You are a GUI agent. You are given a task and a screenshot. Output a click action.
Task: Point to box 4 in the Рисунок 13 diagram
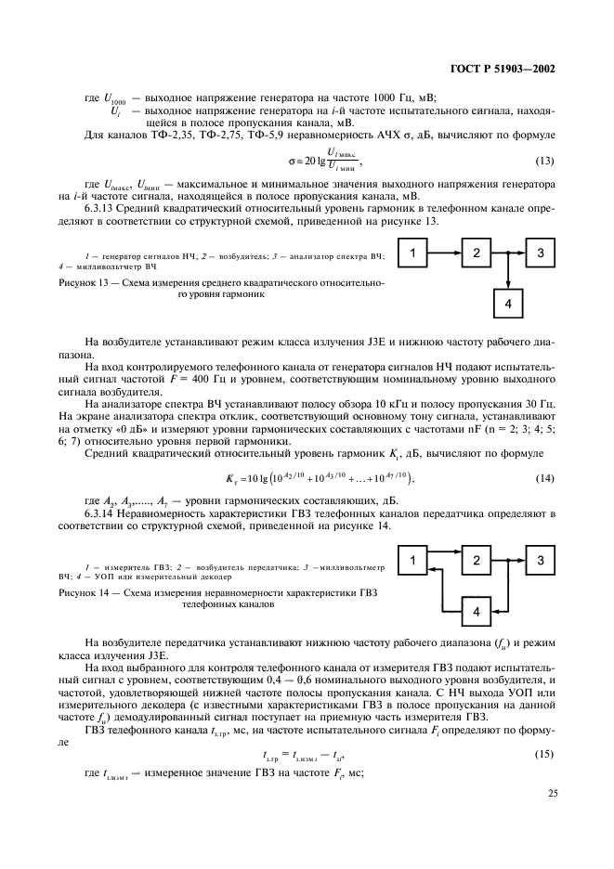(507, 304)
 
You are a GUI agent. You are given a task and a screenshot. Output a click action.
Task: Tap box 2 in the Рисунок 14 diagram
(476, 560)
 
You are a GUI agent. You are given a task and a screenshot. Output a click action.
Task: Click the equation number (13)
(544, 160)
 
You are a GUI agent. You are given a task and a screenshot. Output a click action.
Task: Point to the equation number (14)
(544, 477)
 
